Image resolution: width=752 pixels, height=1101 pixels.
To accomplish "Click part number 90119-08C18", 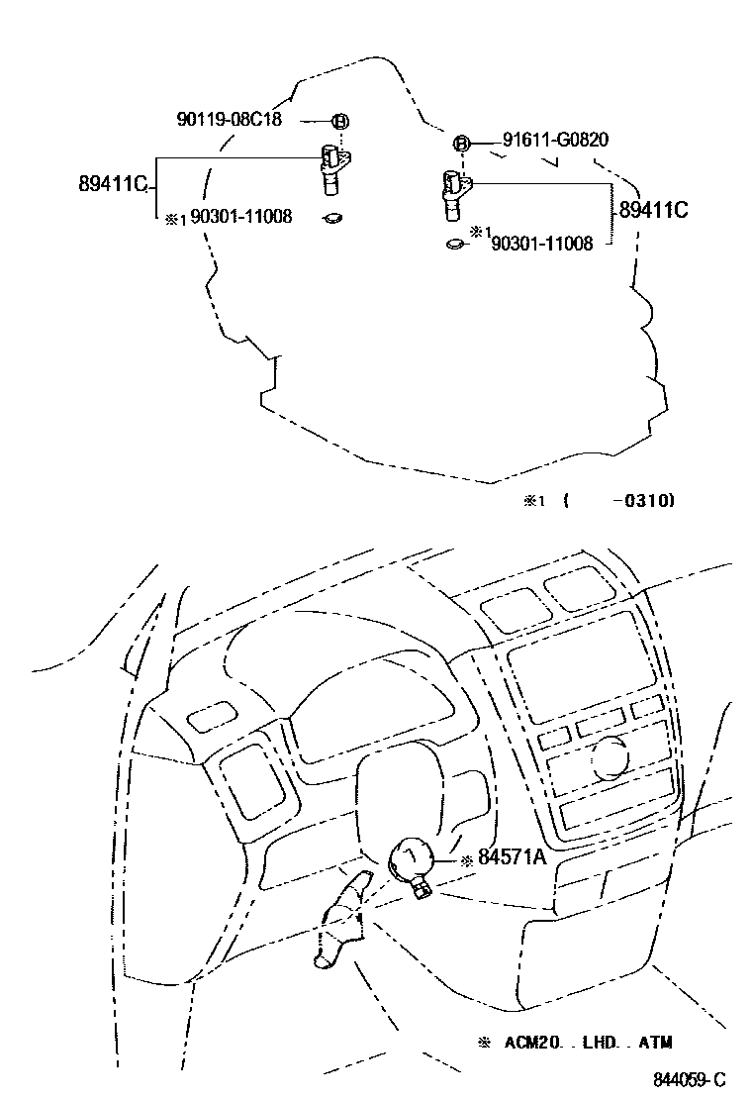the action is point(229,120).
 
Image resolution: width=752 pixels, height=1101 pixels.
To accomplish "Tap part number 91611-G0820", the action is point(555,140).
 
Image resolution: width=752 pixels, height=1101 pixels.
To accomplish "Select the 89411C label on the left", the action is point(112,184).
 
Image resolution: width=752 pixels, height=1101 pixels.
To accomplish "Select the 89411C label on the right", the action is point(653,210).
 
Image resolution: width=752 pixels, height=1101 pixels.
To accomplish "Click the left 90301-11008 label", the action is point(241,216).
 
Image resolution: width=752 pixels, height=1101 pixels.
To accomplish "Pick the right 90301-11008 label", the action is point(542,244).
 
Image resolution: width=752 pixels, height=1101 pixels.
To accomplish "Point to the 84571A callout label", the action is point(512,857).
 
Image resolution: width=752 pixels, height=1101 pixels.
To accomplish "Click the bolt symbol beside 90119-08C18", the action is point(340,122).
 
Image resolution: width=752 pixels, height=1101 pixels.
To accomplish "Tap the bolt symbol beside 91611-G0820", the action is point(461,144).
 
